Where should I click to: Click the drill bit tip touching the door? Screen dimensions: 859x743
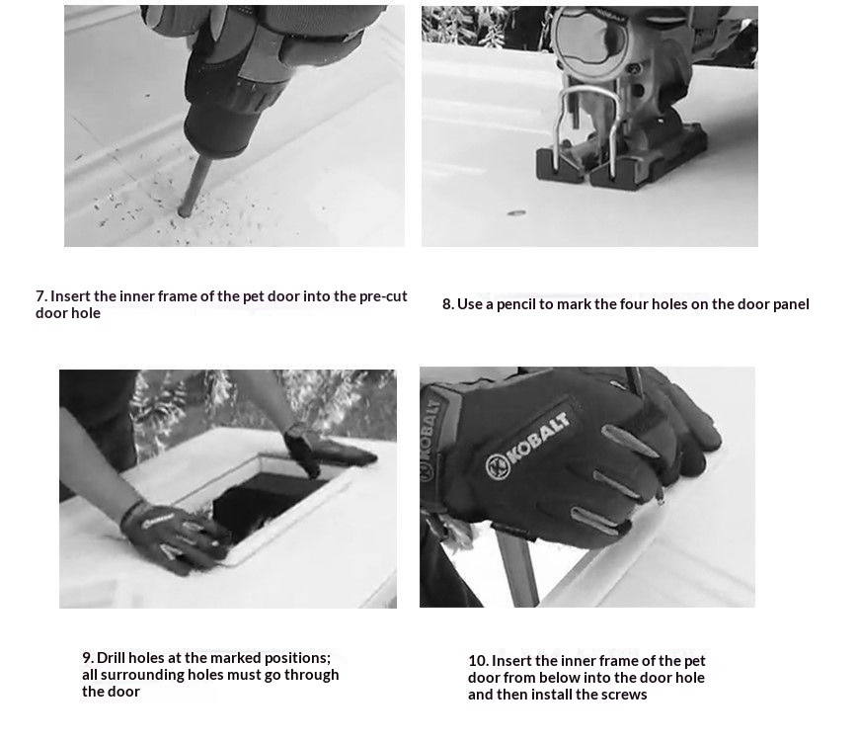[x=185, y=211]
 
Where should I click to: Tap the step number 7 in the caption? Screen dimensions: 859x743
[x=41, y=296]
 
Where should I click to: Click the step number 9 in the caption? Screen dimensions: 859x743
[x=88, y=658]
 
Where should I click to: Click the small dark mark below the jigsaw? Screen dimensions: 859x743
[x=516, y=212]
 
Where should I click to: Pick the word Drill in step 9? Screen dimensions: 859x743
[x=112, y=658]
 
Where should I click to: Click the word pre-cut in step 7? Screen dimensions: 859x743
[x=383, y=296]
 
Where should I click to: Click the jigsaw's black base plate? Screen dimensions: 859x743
[x=620, y=159]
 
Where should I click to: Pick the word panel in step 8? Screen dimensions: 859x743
[x=791, y=305]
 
